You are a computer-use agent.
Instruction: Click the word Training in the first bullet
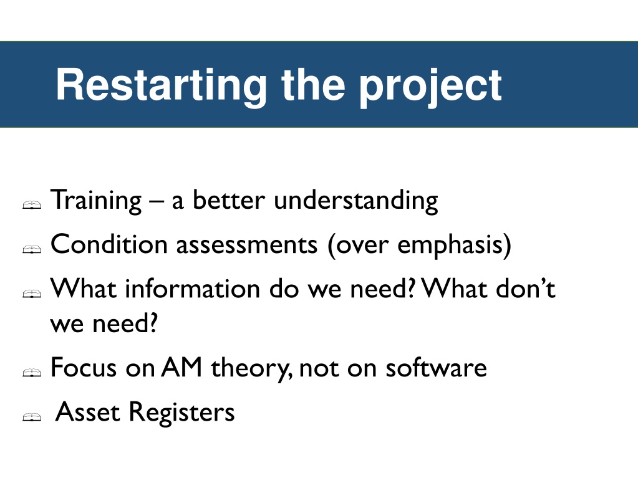coord(95,201)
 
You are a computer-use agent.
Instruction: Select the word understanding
coord(356,201)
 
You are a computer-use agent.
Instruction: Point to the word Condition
coord(109,244)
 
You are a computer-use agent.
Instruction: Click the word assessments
coord(246,245)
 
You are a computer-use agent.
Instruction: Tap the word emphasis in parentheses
coord(453,245)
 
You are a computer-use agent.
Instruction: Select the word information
coord(193,289)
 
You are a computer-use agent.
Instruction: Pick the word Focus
coord(83,368)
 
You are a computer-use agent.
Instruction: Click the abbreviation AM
coord(181,368)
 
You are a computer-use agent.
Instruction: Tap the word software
coord(436,368)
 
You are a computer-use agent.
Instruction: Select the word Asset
coord(87,412)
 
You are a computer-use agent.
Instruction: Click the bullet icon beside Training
coord(32,204)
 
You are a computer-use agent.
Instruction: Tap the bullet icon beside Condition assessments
coord(32,249)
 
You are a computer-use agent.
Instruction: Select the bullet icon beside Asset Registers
coord(32,417)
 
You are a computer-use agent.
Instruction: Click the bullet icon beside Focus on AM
coord(32,372)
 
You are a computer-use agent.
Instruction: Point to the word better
coord(228,201)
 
